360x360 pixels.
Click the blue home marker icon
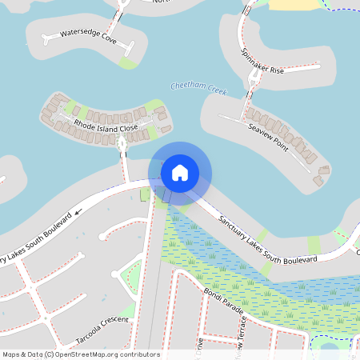click(180, 172)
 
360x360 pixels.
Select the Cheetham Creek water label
click(198, 89)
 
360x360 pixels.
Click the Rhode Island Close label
click(106, 126)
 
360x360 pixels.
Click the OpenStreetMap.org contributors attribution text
click(106, 354)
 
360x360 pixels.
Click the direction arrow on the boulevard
click(78, 213)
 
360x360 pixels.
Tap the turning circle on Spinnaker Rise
click(255, 74)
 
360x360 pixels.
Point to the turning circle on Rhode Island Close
click(122, 143)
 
